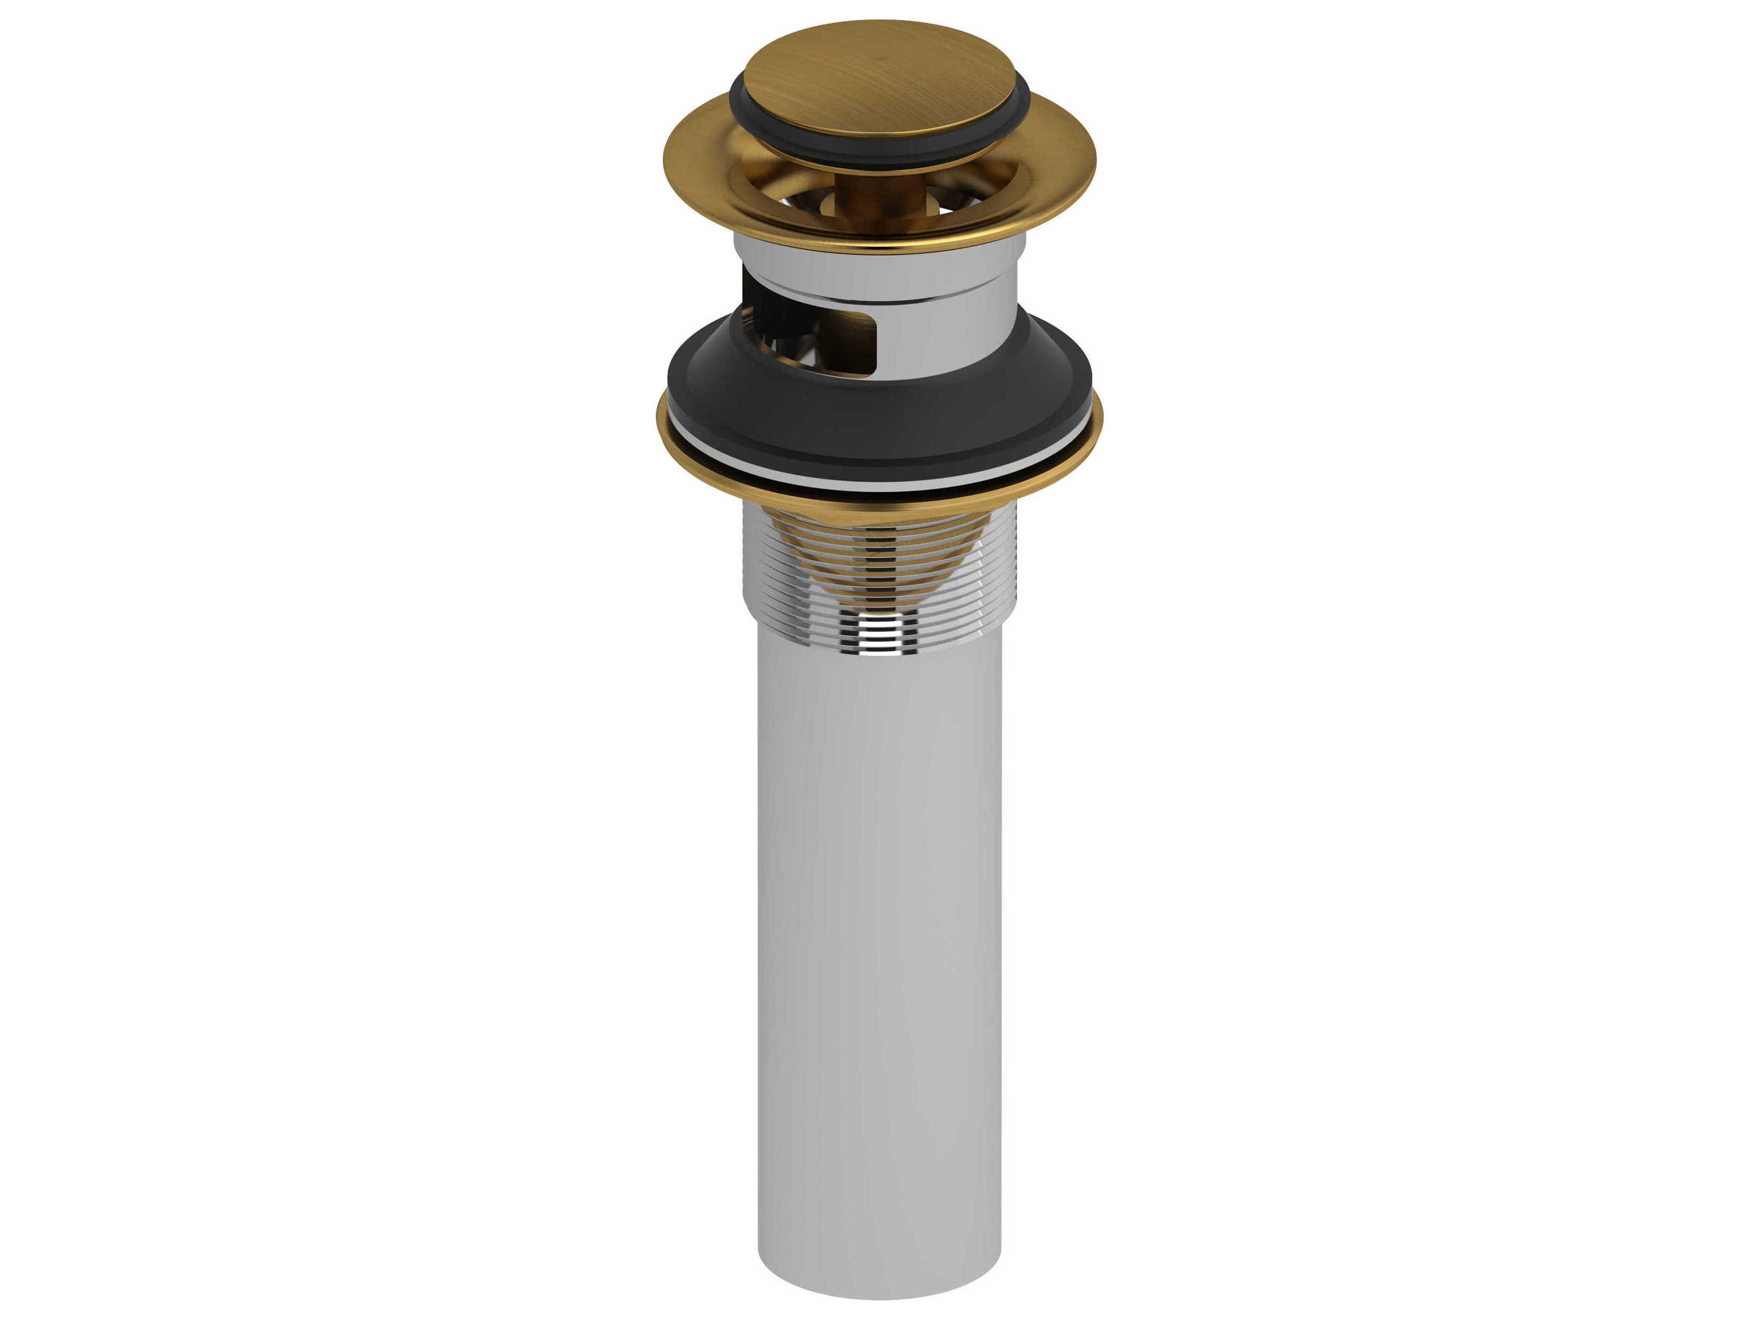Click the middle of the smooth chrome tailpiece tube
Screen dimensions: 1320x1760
point(879,915)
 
